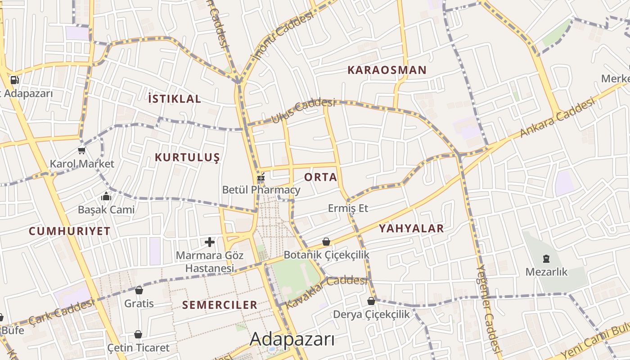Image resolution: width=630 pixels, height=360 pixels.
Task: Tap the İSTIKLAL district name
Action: [175, 99]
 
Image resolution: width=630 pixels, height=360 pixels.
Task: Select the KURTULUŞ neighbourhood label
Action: [187, 157]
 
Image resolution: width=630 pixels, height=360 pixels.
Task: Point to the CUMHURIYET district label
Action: [70, 231]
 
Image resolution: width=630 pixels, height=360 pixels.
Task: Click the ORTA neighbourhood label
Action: [320, 177]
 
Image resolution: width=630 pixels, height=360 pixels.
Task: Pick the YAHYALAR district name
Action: [411, 229]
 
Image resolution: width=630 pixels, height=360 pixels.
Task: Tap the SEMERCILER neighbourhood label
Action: [220, 305]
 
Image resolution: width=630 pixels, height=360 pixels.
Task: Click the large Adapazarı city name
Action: [292, 339]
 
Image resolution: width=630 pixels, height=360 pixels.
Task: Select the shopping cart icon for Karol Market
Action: [81, 150]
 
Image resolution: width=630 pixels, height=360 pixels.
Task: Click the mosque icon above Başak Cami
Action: [106, 196]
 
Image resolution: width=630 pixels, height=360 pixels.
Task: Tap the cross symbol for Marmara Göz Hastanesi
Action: [210, 243]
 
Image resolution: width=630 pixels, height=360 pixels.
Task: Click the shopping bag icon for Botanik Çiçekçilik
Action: [326, 242]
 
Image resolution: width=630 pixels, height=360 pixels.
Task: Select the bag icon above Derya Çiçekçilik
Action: [371, 301]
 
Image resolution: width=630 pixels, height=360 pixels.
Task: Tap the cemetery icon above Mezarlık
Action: [546, 259]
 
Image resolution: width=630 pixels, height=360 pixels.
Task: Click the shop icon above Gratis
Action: [139, 290]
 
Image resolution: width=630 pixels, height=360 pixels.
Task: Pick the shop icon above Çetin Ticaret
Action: [138, 334]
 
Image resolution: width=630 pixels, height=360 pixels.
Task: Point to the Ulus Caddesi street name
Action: [303, 111]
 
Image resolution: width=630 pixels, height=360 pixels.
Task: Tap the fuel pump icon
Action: [14, 80]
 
